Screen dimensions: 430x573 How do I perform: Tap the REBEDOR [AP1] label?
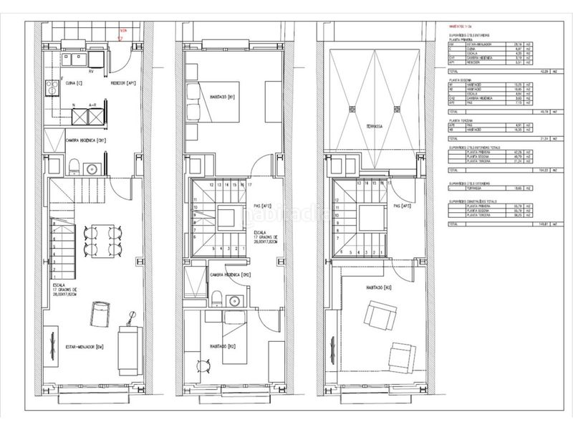[x=122, y=84]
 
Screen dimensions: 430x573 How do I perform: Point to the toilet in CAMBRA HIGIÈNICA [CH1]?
[x=75, y=168]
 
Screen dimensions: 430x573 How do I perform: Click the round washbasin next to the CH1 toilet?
[x=91, y=169]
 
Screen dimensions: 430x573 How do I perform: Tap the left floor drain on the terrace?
[x=351, y=110]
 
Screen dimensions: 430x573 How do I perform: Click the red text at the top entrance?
[x=123, y=32]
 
